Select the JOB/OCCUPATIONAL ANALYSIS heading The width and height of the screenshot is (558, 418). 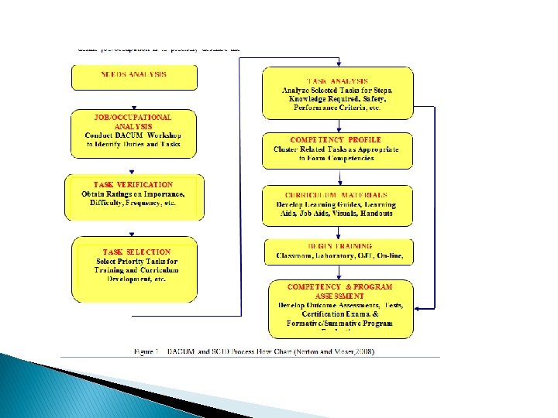pos(133,121)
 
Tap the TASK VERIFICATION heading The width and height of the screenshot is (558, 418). pos(133,184)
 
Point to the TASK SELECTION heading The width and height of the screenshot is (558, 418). pos(137,252)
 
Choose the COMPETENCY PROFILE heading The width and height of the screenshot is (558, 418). pos(336,139)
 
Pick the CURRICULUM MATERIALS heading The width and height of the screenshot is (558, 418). pos(336,195)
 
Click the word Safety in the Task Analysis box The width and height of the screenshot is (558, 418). pos(372,99)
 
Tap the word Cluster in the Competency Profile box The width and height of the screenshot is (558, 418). pos(291,149)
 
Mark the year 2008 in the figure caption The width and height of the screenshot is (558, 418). pos(363,351)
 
